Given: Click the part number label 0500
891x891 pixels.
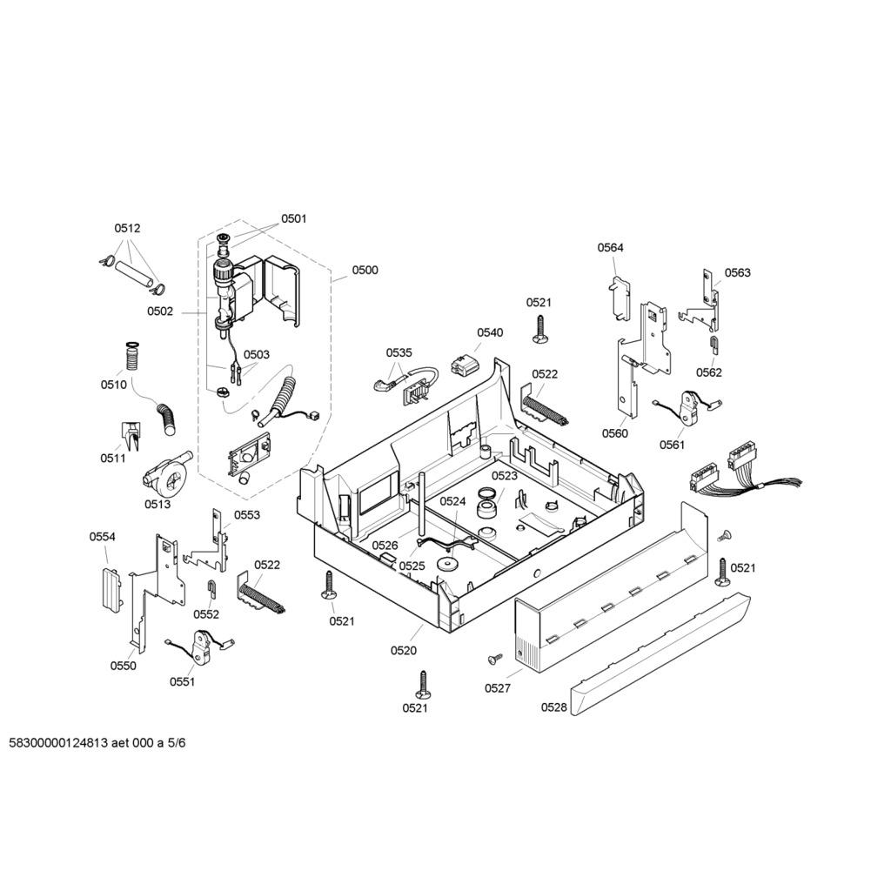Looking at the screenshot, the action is tap(365, 270).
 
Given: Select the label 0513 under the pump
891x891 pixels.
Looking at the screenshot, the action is tap(157, 504).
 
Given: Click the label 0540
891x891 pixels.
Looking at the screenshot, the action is tap(490, 332).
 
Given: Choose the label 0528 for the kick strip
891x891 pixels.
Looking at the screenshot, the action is tap(554, 707).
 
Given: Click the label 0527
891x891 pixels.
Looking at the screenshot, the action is tap(498, 688).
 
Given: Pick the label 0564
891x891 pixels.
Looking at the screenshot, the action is tap(610, 247).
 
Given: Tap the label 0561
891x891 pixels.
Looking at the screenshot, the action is tap(673, 445).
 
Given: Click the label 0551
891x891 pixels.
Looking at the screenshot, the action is tap(183, 682).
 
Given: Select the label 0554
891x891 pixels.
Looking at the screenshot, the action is tap(103, 536).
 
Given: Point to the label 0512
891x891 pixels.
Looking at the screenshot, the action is tap(127, 228).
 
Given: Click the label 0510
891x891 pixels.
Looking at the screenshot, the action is tap(114, 385).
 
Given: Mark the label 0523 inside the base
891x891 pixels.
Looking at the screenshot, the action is tap(505, 476).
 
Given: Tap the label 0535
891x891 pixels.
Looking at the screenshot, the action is tap(399, 353).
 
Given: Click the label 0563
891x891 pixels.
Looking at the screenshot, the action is tap(738, 272).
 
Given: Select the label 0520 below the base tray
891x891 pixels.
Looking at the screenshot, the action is tap(404, 651).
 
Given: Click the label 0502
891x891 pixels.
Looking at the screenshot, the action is tap(160, 312).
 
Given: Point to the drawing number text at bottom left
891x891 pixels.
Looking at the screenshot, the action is tap(97, 743).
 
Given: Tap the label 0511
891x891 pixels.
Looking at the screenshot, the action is tap(113, 458).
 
